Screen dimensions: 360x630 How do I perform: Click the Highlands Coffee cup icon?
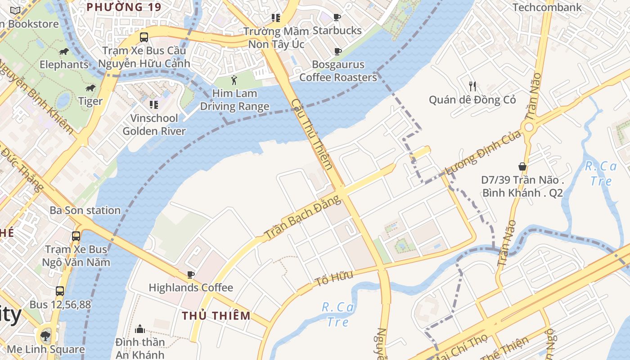191,274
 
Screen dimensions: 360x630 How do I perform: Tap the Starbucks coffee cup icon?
337,18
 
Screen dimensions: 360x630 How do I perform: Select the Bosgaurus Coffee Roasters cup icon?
337,52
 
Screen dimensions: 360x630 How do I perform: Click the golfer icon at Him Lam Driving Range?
234,81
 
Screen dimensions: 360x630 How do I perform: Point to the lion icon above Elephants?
64,52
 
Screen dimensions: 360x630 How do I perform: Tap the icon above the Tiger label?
90,88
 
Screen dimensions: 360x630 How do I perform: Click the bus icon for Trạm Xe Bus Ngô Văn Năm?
76,236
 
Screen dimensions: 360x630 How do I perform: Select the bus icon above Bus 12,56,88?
60,291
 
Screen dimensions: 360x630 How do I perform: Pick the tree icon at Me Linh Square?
45,336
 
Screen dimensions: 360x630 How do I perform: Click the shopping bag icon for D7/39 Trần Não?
522,166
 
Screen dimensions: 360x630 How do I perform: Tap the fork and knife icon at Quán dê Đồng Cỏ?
472,86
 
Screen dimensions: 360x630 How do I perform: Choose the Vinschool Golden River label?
154,125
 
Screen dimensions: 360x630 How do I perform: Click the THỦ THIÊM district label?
216,315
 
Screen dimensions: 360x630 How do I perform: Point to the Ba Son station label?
85,210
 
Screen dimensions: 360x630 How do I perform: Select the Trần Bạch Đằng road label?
302,217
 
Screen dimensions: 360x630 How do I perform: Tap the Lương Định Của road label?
482,153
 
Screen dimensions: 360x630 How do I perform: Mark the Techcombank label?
547,7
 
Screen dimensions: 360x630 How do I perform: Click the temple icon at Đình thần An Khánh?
140,329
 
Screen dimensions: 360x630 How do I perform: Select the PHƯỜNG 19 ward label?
124,7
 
